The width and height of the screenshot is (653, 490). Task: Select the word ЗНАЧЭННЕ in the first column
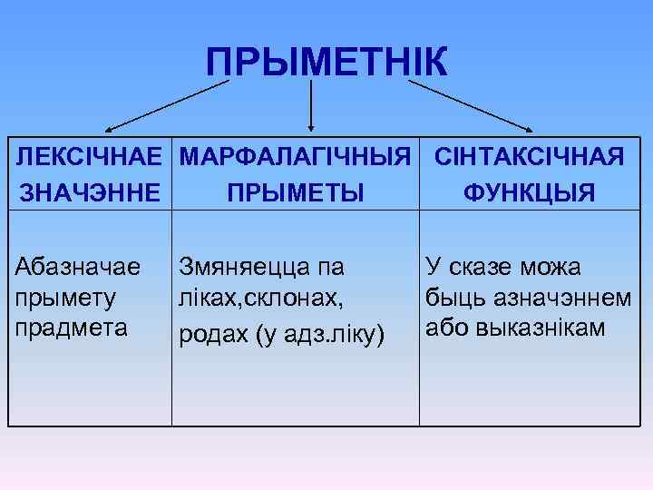(90, 193)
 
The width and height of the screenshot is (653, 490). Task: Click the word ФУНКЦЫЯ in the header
(530, 193)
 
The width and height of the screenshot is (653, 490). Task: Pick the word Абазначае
(78, 267)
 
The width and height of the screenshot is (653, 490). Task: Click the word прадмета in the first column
(70, 325)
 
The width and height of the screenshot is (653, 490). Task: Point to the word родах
(215, 337)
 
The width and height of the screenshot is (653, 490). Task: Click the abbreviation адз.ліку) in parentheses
(332, 337)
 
